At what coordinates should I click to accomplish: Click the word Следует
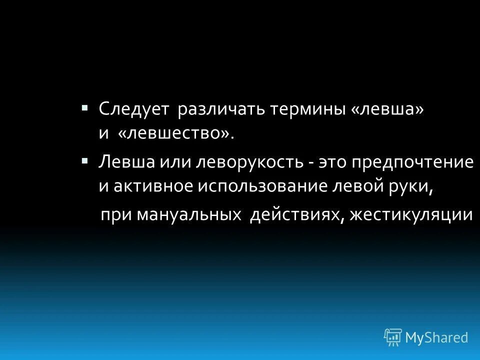(133, 109)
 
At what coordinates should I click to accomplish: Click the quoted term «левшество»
(176, 133)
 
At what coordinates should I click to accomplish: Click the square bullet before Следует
(84, 107)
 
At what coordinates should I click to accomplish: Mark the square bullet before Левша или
(84, 160)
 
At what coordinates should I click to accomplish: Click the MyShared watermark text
(437, 337)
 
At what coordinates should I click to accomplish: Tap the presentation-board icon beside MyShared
(393, 337)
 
